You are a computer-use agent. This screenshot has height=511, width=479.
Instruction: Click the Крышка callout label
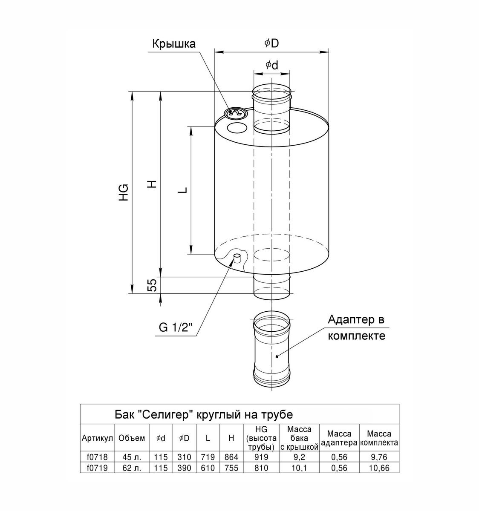(174, 44)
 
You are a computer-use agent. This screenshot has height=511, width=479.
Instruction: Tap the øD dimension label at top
(271, 43)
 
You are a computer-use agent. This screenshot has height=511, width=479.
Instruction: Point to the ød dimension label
(272, 65)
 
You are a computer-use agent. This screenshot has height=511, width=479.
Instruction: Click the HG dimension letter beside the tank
(124, 192)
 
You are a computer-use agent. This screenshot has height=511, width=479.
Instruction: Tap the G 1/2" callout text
(176, 327)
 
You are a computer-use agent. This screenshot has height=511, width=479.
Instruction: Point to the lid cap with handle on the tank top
(235, 113)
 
